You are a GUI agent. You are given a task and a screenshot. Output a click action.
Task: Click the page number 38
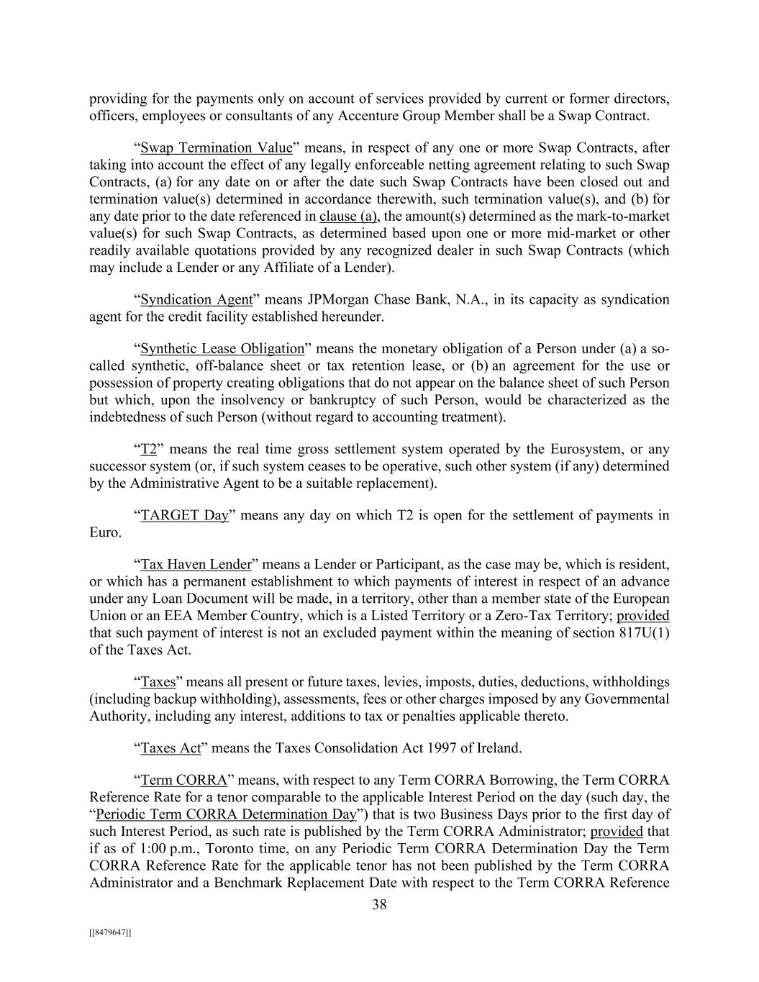[x=379, y=905]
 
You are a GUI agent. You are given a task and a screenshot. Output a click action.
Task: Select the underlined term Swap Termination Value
[x=217, y=148]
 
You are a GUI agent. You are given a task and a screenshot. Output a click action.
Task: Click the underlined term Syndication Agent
[x=196, y=299]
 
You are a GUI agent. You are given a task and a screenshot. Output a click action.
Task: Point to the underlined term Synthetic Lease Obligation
[x=222, y=349]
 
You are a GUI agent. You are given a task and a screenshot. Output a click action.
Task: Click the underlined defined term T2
[x=148, y=450]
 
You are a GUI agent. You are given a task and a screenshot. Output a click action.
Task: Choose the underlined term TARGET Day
[x=184, y=515]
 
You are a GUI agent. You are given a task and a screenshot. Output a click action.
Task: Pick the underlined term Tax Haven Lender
[x=196, y=565]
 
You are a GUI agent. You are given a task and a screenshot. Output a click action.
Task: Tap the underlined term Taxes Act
[x=171, y=748]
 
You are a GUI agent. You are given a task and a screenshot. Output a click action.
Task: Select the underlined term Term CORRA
[x=183, y=781]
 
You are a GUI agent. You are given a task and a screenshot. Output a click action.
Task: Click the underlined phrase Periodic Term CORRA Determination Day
[x=226, y=814]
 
